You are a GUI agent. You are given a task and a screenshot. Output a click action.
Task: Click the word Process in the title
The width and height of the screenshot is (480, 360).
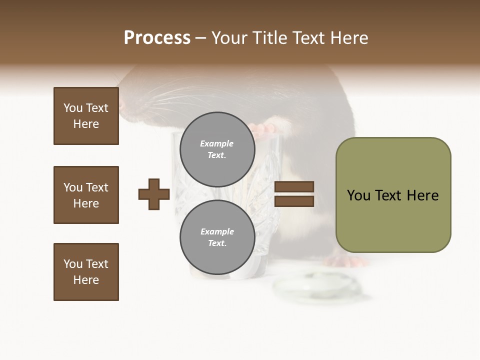157,37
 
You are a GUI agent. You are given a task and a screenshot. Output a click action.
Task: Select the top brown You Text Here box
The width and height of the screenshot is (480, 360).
86,116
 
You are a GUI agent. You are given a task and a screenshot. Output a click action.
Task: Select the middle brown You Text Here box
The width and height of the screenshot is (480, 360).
86,195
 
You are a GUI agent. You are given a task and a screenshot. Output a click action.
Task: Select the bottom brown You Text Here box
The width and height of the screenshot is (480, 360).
86,272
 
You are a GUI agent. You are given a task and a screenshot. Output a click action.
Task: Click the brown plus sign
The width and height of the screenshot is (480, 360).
154,194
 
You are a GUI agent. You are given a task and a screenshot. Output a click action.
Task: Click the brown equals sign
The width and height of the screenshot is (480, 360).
294,194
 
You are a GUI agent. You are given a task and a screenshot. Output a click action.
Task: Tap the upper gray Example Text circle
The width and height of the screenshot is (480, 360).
217,149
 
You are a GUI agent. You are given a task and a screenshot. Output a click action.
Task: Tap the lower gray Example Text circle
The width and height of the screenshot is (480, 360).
217,237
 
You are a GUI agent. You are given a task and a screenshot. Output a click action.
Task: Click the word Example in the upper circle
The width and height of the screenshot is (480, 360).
217,143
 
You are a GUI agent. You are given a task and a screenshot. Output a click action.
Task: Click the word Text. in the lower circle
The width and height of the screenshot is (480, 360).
217,243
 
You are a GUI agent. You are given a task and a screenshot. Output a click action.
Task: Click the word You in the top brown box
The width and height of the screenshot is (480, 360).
73,108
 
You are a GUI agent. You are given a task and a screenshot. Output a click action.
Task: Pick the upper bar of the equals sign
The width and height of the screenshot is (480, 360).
294,187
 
